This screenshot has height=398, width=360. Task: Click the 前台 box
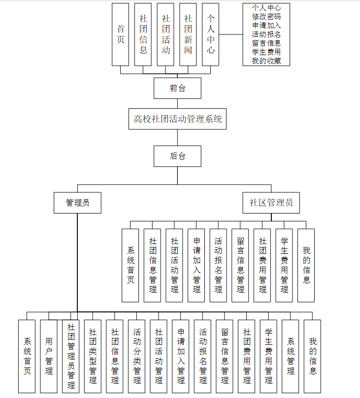tap(177, 88)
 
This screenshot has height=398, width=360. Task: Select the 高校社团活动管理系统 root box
tap(177, 119)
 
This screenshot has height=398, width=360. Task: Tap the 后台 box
tap(177, 156)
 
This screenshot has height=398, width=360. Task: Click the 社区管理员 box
tap(271, 203)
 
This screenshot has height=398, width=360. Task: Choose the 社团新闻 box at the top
tap(188, 34)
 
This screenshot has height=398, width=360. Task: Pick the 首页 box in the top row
tap(121, 34)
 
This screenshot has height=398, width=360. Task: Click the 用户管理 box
tap(49, 356)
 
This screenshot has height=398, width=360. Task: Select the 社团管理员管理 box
tap(70, 356)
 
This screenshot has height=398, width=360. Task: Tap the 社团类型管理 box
tap(93, 356)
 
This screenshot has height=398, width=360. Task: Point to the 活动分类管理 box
tap(137, 356)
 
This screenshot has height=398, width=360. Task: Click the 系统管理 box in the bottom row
tap(291, 356)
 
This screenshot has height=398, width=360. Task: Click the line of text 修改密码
tap(266, 17)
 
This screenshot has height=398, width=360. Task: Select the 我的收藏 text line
tap(266, 61)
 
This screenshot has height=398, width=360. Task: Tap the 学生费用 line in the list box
tap(266, 52)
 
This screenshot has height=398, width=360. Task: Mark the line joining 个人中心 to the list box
tap(230, 34)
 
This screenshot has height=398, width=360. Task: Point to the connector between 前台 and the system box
tap(177, 104)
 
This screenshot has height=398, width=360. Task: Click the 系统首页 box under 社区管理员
tap(131, 266)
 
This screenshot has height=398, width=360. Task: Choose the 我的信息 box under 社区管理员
tap(306, 266)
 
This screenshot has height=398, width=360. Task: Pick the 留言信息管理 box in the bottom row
tap(225, 356)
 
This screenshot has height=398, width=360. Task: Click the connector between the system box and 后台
tap(177, 138)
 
